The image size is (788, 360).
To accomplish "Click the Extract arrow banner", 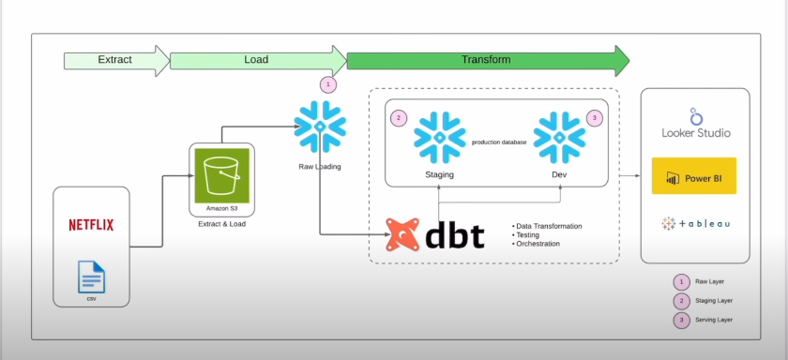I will coord(114,60).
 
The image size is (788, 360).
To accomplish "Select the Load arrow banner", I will coord(255,60).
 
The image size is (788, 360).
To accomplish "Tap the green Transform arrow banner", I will coord(486,60).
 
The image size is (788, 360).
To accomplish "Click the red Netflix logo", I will coord(91,225).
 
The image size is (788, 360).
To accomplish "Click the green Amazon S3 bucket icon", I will coord(222,173).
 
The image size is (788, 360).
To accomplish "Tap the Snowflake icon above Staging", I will coord(439,137).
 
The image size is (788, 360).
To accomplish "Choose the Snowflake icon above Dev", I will coord(558,137).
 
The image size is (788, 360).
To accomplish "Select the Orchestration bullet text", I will coord(538,244).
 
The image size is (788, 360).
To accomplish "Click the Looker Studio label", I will coord(695,133).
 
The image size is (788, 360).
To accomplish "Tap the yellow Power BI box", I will coord(694,176).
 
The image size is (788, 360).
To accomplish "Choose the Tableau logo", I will coord(695,224).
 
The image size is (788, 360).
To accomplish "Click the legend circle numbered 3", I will coord(680,319).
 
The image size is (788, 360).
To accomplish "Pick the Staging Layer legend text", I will coord(714,300).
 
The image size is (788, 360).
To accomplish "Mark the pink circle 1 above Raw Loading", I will coord(327,84).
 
